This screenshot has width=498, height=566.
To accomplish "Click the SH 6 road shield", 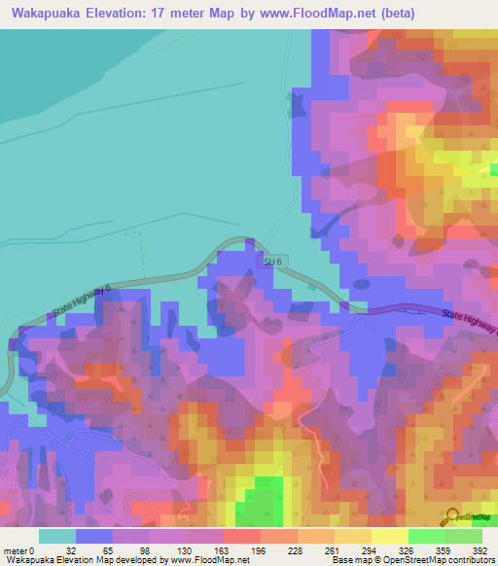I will [x=275, y=262].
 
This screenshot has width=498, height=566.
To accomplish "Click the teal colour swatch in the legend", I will [x=57, y=535].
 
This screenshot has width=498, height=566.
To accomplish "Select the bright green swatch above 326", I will [x=427, y=535].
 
